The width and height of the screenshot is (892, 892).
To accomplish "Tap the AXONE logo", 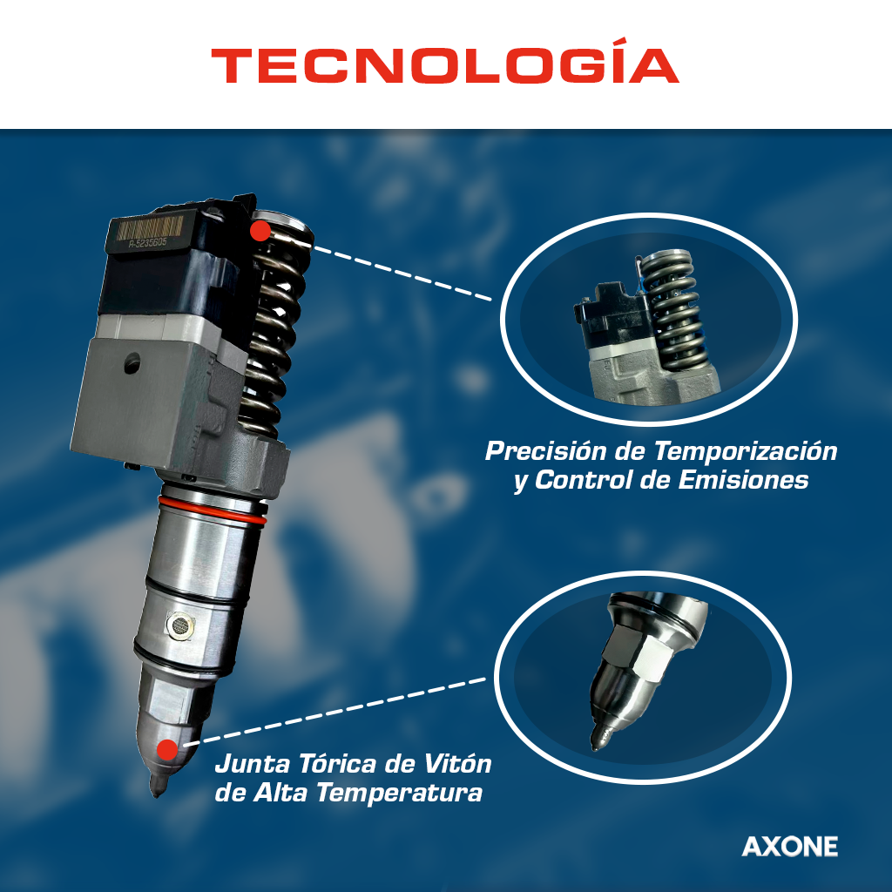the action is click(789, 847).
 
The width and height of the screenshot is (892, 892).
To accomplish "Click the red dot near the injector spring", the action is click(260, 231).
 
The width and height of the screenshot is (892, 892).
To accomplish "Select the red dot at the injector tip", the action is click(168, 750).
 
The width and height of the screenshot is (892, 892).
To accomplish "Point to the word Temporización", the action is click(746, 451).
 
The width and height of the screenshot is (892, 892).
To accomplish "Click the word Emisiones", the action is click(744, 480).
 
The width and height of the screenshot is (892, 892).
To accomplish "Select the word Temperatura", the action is click(399, 793).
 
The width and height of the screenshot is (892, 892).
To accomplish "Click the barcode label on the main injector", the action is click(150, 228).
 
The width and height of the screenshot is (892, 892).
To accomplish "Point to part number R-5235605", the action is click(147, 243).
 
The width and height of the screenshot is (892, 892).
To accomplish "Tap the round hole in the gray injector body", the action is click(132, 363).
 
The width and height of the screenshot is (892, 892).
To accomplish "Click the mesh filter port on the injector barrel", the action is click(180, 625).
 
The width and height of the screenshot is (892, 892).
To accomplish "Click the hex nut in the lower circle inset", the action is click(637, 654).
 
